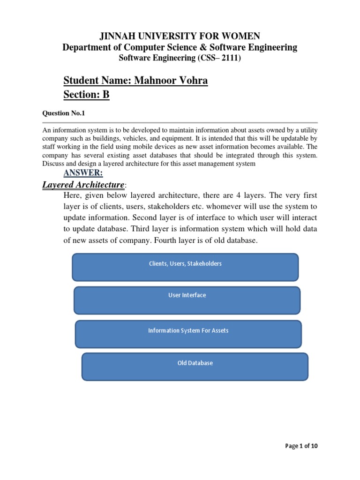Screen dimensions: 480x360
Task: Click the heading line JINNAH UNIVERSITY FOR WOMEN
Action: point(180,36)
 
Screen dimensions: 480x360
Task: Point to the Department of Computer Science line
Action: point(180,47)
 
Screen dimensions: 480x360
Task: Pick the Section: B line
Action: point(86,95)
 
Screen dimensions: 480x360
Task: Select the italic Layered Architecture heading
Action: point(83,185)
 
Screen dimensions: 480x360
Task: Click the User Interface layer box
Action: point(187,300)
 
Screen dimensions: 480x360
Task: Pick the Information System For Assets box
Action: point(188,334)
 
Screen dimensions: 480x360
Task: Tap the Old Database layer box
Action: point(195,367)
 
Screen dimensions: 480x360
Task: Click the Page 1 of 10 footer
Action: point(301,446)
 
